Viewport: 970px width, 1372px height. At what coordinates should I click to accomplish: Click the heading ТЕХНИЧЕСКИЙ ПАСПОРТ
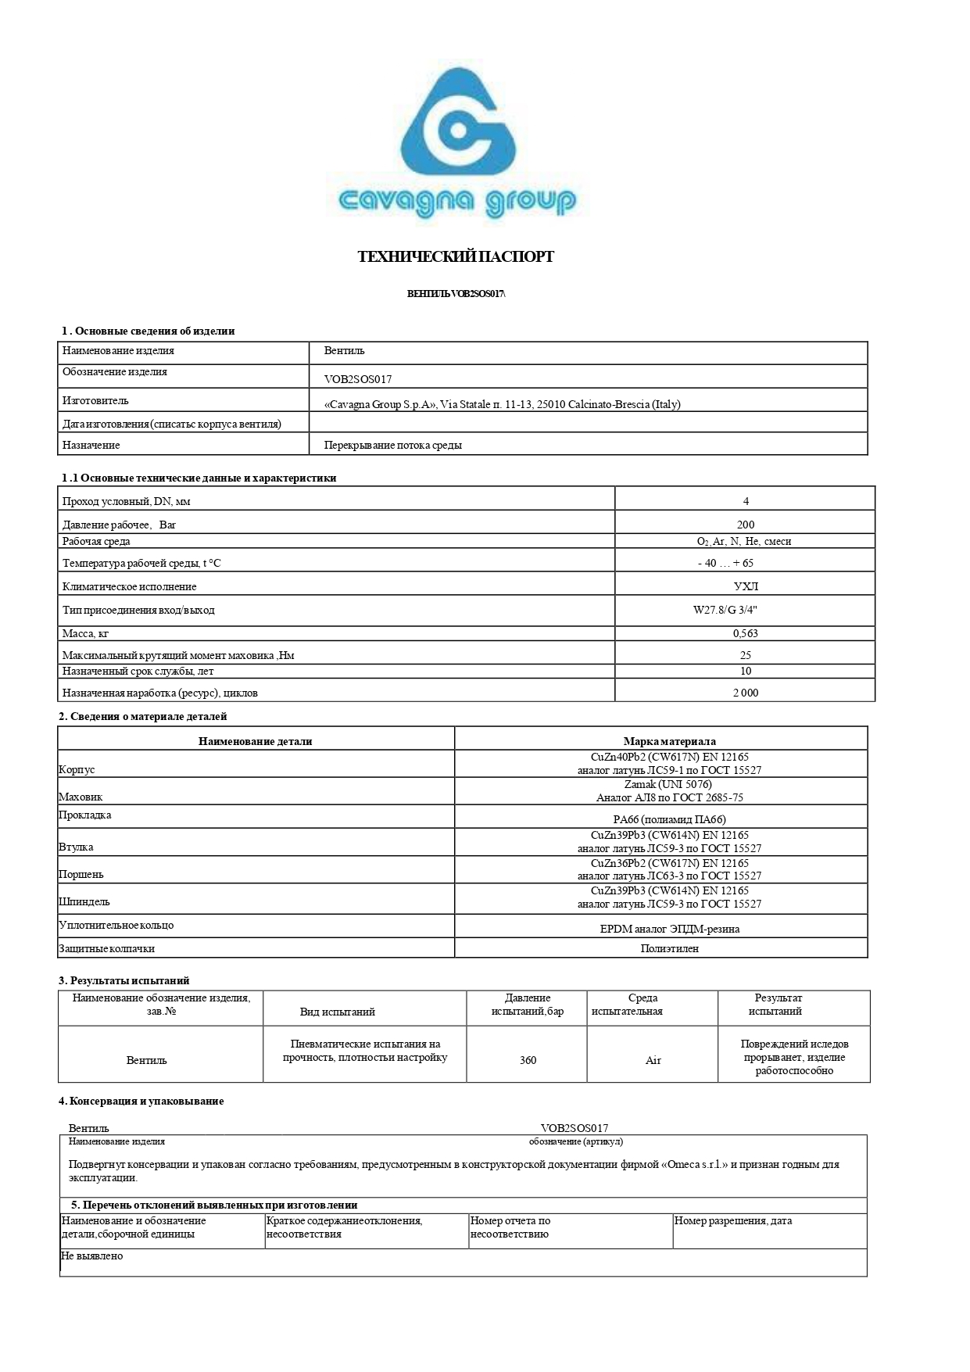[456, 257]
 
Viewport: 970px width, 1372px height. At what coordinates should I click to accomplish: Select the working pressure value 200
[745, 525]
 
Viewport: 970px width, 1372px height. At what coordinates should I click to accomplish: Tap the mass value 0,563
[745, 633]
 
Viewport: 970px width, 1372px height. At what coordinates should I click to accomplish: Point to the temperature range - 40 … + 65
[725, 563]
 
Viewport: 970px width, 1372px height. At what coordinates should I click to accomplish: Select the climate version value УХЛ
[746, 586]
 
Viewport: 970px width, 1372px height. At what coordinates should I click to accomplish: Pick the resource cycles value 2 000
[745, 693]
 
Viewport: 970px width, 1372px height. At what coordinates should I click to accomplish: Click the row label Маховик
[81, 797]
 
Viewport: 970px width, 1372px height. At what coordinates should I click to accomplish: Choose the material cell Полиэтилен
[669, 948]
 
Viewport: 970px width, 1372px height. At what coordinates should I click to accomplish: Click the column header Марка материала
[669, 741]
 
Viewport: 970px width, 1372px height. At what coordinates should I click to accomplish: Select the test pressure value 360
[528, 1060]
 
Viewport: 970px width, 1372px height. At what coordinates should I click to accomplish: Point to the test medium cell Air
[653, 1060]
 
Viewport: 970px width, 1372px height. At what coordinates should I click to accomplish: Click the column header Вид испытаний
[337, 1012]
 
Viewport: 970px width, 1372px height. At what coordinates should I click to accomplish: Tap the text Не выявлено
[91, 1256]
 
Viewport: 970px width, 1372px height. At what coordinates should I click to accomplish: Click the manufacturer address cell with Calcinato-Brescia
[502, 404]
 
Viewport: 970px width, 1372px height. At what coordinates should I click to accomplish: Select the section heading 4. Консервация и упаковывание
[141, 1101]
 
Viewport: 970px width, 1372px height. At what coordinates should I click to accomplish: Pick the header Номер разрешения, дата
[732, 1220]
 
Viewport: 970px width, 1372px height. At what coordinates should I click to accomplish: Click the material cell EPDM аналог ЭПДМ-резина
[669, 929]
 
